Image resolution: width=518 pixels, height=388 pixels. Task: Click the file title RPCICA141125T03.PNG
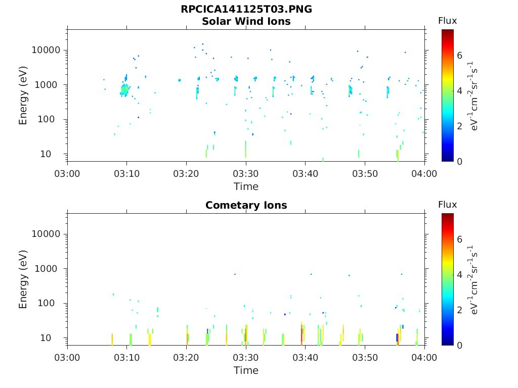pos(246,10)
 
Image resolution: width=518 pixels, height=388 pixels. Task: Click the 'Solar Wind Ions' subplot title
pos(246,22)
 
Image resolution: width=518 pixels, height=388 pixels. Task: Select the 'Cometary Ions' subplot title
pos(246,206)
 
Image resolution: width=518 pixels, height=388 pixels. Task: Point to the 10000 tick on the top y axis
pos(47,51)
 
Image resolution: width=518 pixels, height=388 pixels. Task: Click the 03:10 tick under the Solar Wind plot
pos(127,173)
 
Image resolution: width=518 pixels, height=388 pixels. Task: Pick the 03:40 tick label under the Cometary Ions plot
pos(306,357)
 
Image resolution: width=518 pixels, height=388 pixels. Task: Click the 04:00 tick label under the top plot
pos(424,173)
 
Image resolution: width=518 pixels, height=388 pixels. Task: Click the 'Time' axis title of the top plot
pos(246,186)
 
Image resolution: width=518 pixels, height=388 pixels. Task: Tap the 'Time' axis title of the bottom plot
pos(246,370)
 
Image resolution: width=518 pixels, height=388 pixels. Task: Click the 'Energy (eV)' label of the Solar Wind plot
pos(23,95)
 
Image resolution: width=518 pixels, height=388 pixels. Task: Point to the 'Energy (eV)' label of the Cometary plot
pos(23,279)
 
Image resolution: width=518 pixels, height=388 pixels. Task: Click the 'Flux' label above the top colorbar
pos(447,21)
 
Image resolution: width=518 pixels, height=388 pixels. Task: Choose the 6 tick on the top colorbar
pos(459,56)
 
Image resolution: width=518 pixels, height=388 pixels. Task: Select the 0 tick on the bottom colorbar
pos(459,345)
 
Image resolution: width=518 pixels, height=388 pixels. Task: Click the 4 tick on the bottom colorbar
pos(459,275)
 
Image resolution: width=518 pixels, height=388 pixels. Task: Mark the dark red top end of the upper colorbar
pos(447,32)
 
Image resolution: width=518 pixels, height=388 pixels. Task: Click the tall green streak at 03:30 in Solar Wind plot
pos(246,150)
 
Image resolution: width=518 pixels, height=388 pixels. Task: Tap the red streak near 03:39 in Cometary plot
pos(302,335)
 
